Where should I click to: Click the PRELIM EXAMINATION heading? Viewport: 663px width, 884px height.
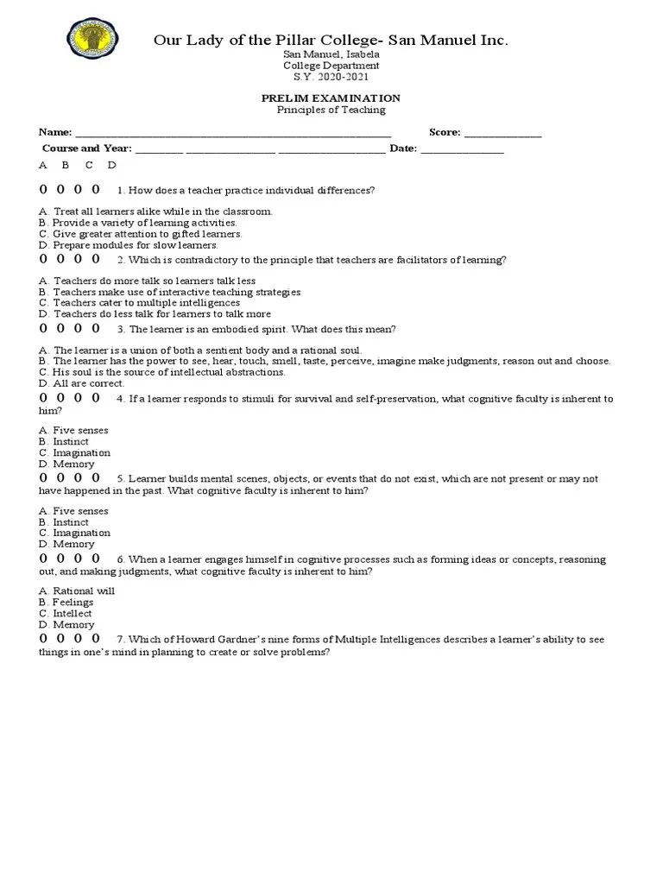pyautogui.click(x=331, y=98)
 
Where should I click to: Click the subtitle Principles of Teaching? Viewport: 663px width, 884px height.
pyautogui.click(x=331, y=110)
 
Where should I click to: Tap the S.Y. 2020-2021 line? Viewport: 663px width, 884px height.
pyautogui.click(x=331, y=77)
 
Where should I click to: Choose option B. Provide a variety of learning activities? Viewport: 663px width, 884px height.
pyautogui.click(x=138, y=223)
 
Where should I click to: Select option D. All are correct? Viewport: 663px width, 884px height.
pyautogui.click(x=82, y=383)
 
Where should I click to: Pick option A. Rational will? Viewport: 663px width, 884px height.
pyautogui.click(x=77, y=591)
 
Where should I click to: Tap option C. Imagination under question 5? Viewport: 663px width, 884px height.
pyautogui.click(x=75, y=534)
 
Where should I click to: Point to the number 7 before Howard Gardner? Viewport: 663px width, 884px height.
pyautogui.click(x=120, y=640)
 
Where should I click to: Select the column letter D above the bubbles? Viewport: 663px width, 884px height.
pyautogui.click(x=111, y=165)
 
